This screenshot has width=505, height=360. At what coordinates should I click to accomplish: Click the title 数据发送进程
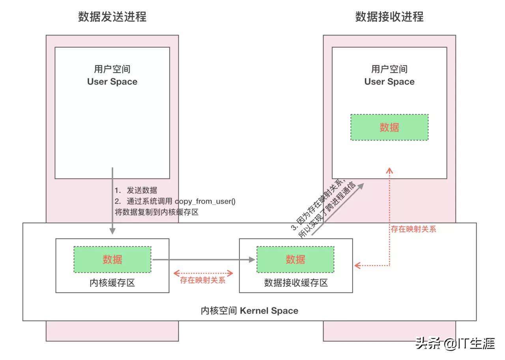pos(112,17)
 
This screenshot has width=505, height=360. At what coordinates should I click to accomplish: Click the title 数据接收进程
pos(389,17)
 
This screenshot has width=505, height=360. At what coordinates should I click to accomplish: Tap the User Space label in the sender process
pos(112,82)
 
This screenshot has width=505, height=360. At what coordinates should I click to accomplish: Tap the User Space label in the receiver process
pos(389,82)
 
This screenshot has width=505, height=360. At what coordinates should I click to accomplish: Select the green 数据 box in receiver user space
pos(389,127)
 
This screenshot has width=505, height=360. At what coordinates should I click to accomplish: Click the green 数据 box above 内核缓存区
pos(112,259)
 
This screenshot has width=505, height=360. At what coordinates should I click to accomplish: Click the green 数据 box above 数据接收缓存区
pos(295,259)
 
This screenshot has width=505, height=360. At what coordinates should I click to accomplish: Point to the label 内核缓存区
pos(112,283)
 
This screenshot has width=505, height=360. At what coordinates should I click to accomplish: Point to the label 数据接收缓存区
pos(296,283)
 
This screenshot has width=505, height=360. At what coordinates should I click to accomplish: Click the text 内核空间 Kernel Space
pos(249,311)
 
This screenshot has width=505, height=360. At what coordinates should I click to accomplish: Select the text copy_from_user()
pos(205,201)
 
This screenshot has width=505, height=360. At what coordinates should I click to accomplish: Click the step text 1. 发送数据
pos(136,190)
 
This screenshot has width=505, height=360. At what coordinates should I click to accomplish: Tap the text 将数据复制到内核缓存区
pos(156,212)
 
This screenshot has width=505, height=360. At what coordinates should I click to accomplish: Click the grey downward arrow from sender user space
pos(112,201)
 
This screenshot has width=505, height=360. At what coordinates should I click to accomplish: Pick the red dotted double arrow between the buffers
pos(203,272)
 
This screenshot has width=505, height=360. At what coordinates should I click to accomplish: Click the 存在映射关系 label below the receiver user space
pos(413,229)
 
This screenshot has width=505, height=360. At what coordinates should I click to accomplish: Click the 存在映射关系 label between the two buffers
pos(203,281)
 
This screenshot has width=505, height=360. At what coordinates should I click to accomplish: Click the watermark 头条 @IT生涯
pos(455,343)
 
